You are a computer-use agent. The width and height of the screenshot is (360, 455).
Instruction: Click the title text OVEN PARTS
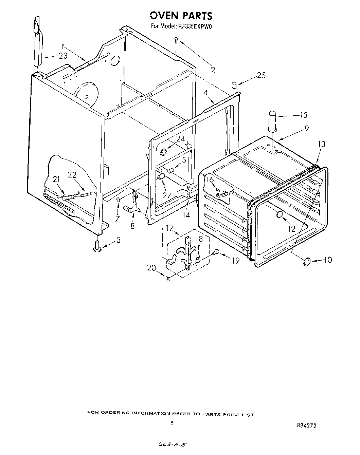[x=181, y=16]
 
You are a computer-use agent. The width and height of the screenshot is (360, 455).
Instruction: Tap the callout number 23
[x=63, y=56]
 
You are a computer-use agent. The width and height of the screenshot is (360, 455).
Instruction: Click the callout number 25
[x=261, y=75]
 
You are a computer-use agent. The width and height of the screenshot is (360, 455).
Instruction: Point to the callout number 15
[x=303, y=115]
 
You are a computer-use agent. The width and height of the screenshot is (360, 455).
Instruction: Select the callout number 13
[x=321, y=144]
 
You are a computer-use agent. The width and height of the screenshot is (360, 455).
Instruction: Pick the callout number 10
[x=327, y=260]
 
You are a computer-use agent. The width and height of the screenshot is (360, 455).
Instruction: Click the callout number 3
[x=118, y=240]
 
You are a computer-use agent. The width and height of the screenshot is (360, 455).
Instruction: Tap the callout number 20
[x=151, y=268]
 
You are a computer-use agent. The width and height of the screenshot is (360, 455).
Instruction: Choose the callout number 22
[x=72, y=175]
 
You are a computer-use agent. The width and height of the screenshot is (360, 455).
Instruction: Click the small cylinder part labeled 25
[x=234, y=85]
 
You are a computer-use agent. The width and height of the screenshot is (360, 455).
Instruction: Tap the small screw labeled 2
[x=176, y=40]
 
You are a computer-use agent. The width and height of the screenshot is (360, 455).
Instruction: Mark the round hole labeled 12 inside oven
[x=280, y=214]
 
